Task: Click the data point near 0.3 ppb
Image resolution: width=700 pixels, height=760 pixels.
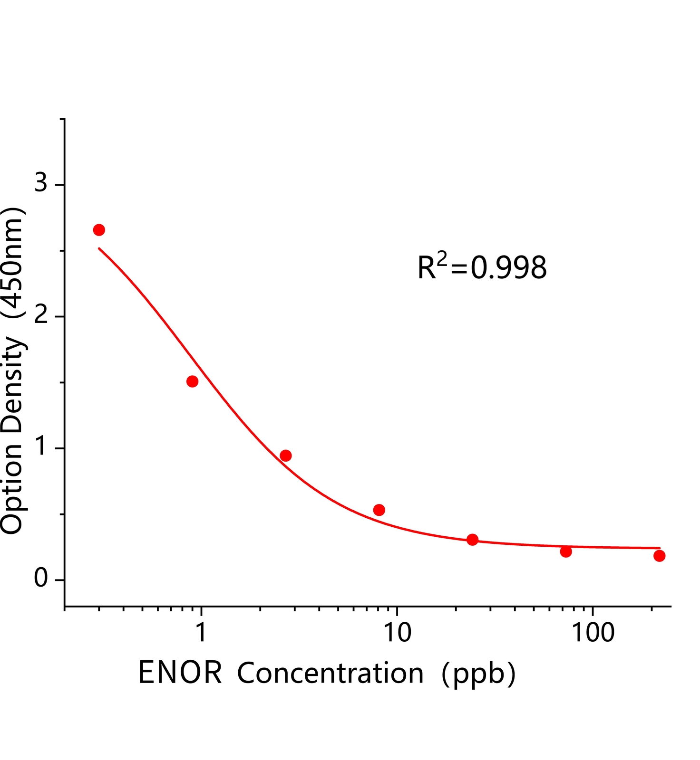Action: coord(99,230)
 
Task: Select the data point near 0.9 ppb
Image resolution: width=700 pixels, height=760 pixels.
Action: coord(192,381)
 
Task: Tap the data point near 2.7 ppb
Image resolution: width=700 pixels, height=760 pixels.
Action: coord(285,456)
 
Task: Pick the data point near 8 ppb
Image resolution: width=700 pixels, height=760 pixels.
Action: coord(379,510)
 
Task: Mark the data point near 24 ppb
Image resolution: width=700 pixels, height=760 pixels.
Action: coord(472,540)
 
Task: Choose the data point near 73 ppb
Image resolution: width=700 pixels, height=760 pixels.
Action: coord(566,551)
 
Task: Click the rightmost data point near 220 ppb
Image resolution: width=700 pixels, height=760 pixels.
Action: coord(659,556)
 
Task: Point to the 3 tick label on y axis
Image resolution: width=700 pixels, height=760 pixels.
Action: coord(41,182)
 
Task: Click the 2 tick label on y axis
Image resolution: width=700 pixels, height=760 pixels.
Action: coord(41,315)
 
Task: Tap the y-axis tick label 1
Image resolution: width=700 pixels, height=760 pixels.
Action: coord(41,446)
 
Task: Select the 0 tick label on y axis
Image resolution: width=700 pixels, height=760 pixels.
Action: coord(41,579)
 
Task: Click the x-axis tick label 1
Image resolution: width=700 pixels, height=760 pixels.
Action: coord(201,632)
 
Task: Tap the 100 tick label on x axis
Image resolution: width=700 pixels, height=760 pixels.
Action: coord(593,632)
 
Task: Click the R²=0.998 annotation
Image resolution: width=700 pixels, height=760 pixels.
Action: coord(482,267)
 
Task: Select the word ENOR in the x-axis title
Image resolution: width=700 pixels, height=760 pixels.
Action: coord(180,673)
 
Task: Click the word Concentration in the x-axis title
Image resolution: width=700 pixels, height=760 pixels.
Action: coord(330,673)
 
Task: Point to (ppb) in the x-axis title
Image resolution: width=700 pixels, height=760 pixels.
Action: coord(478,674)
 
